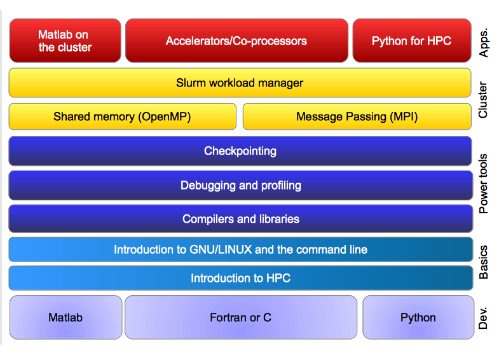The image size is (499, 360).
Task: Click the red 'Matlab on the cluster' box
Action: click(65, 41)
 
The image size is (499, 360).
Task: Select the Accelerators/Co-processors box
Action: click(236, 41)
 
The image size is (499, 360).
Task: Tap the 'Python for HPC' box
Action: click(412, 41)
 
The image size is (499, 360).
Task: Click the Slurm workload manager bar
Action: click(240, 83)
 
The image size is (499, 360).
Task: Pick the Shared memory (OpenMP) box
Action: click(123, 116)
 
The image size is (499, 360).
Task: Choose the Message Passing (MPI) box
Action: click(357, 116)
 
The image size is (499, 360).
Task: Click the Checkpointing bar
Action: click(240, 151)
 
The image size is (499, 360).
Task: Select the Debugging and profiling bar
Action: click(240, 185)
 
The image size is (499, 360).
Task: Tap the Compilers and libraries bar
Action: click(240, 219)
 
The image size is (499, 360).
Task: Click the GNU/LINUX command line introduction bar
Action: click(240, 249)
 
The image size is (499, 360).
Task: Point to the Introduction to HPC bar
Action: click(240, 278)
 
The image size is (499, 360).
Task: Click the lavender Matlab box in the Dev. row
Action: click(66, 317)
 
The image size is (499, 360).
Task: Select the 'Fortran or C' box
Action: click(241, 317)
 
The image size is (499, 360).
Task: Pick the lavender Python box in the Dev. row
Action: click(418, 317)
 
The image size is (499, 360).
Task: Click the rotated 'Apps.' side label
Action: click(483, 43)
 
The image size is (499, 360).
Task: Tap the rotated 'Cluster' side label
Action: click(483, 100)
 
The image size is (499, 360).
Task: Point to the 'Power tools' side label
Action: click(483, 184)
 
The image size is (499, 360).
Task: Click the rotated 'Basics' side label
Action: click(483, 262)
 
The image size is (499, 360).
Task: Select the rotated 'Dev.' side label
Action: click(483, 318)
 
